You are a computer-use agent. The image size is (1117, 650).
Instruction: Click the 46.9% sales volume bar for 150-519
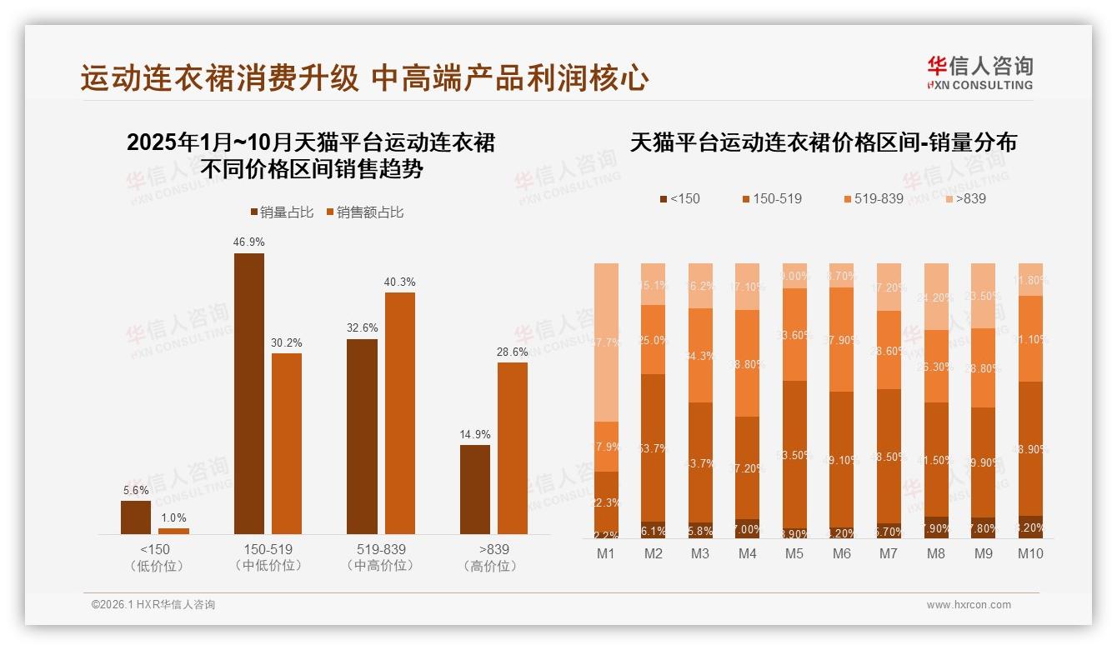(248, 393)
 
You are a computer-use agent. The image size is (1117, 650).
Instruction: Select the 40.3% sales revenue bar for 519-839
(399, 412)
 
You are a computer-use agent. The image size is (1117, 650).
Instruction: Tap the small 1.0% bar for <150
(173, 531)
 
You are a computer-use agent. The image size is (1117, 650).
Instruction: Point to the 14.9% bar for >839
(475, 489)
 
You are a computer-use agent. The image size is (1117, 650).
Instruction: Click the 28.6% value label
(513, 352)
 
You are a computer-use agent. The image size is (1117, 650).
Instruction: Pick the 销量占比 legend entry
(282, 212)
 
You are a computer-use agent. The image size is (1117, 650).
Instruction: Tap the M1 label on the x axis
(606, 554)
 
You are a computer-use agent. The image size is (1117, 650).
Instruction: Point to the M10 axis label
(1030, 554)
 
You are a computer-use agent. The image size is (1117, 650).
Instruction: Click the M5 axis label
(794, 554)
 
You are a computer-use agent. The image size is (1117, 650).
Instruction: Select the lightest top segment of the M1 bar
(606, 342)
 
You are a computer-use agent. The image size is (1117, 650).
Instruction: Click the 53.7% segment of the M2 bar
(653, 447)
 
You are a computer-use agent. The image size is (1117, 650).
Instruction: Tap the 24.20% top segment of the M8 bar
(936, 297)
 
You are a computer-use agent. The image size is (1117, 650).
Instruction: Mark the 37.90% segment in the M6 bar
(842, 339)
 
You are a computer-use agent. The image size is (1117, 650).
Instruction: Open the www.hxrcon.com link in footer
(969, 605)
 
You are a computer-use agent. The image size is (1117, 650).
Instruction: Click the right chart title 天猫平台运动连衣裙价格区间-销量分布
(823, 142)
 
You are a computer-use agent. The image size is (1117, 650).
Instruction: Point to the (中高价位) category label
(380, 566)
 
